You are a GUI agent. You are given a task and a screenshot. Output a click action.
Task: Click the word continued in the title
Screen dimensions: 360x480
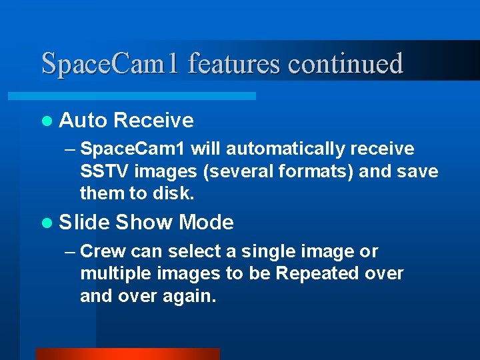(345, 63)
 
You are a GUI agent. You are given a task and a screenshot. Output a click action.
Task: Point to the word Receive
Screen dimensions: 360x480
(153, 121)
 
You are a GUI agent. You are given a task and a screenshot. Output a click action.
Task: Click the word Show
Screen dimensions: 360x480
(143, 223)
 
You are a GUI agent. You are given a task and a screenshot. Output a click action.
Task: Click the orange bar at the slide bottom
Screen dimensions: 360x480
(127, 354)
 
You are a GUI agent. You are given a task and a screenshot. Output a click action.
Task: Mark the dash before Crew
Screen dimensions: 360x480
(71, 252)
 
